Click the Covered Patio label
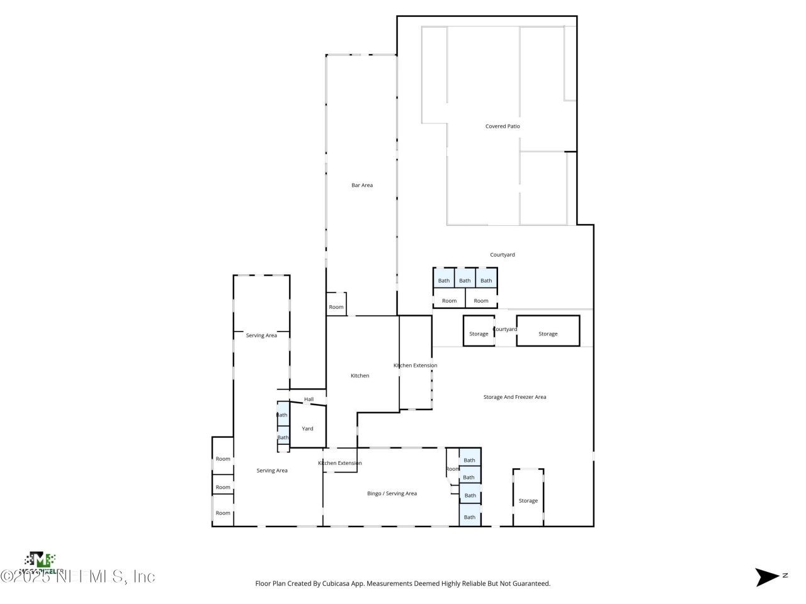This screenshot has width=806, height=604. click(x=502, y=126)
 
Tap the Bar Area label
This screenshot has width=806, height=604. click(x=362, y=185)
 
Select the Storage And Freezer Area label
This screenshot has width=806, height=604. click(x=514, y=397)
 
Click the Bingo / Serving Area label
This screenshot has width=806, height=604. click(x=392, y=493)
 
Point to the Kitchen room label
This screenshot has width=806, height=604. click(x=360, y=376)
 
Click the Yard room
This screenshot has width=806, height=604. click(x=307, y=428)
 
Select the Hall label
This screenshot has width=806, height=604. click(x=309, y=399)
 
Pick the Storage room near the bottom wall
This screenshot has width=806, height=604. click(x=528, y=501)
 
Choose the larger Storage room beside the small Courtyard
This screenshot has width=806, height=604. click(x=548, y=333)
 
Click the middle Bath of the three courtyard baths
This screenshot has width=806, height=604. click(x=465, y=281)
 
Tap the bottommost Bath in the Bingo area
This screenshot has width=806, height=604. click(x=470, y=517)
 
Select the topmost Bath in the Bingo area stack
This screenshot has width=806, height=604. click(x=470, y=460)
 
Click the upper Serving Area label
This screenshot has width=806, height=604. click(x=261, y=335)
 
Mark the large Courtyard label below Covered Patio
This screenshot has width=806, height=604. click(x=502, y=255)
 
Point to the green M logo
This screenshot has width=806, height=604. click(x=40, y=559)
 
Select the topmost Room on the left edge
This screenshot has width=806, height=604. click(x=223, y=459)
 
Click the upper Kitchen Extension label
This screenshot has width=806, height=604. click(x=415, y=366)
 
